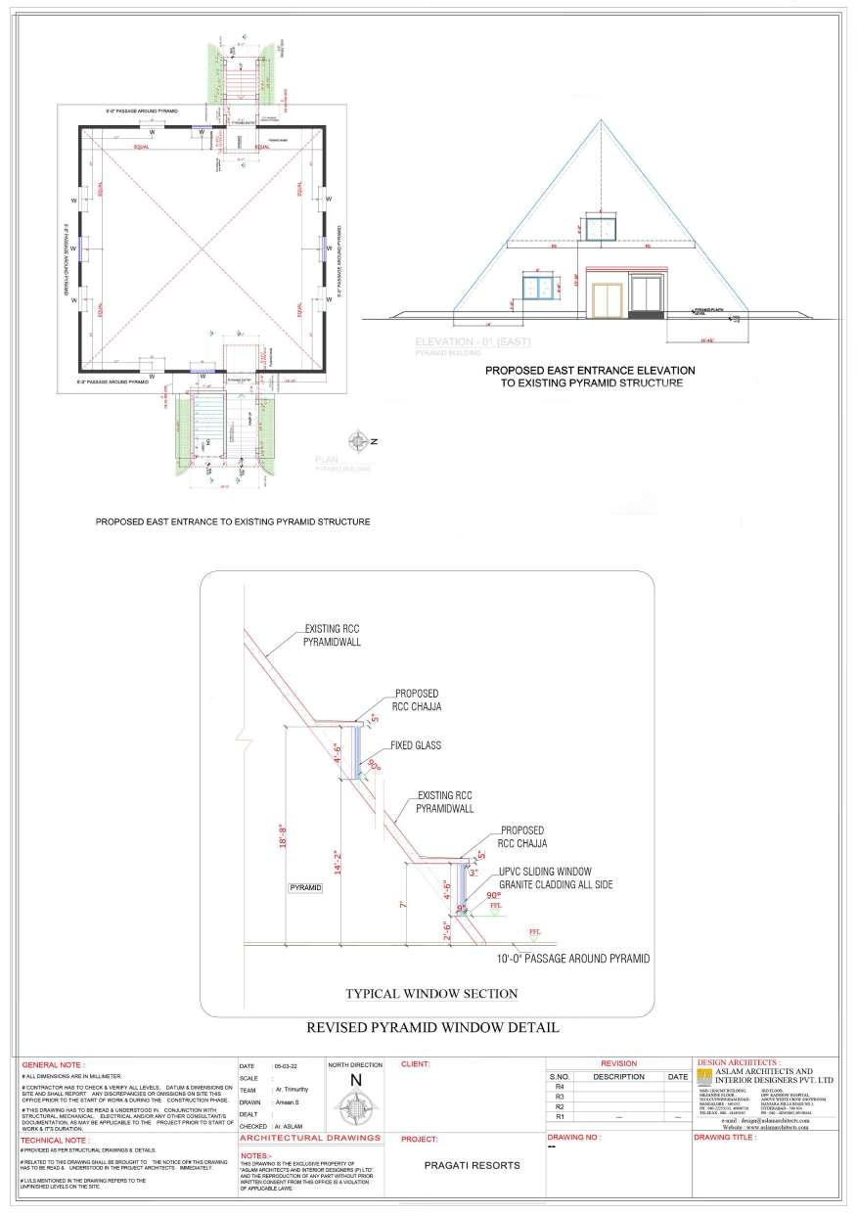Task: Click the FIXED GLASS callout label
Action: [417, 745]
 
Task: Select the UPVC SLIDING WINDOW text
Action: [545, 871]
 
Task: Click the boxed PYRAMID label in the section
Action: [305, 887]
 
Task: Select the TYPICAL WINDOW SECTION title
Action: [431, 994]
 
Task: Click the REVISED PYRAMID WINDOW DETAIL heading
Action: [432, 1028]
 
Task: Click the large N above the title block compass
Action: [356, 1080]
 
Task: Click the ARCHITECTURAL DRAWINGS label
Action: [310, 1139]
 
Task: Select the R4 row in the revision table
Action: [560, 1087]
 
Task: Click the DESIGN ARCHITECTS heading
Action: [738, 1061]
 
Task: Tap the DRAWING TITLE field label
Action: [724, 1138]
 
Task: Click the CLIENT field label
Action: [416, 1063]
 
